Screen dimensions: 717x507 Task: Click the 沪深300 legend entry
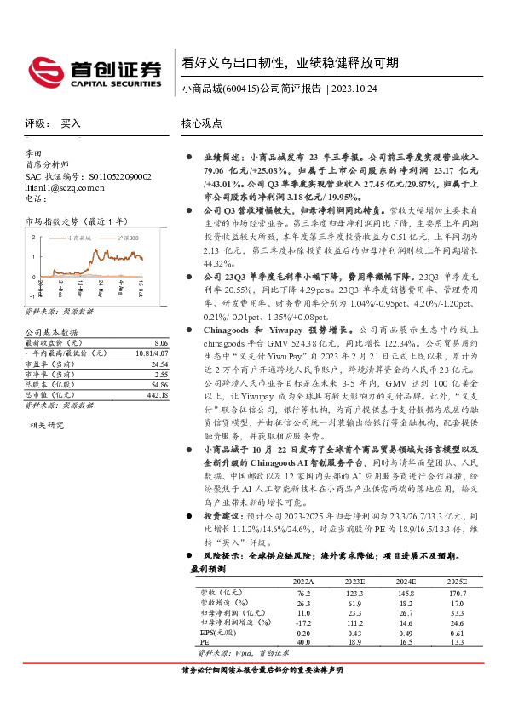point(124,227)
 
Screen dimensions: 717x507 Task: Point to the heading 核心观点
point(201,123)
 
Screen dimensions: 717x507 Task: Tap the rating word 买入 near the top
point(71,123)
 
